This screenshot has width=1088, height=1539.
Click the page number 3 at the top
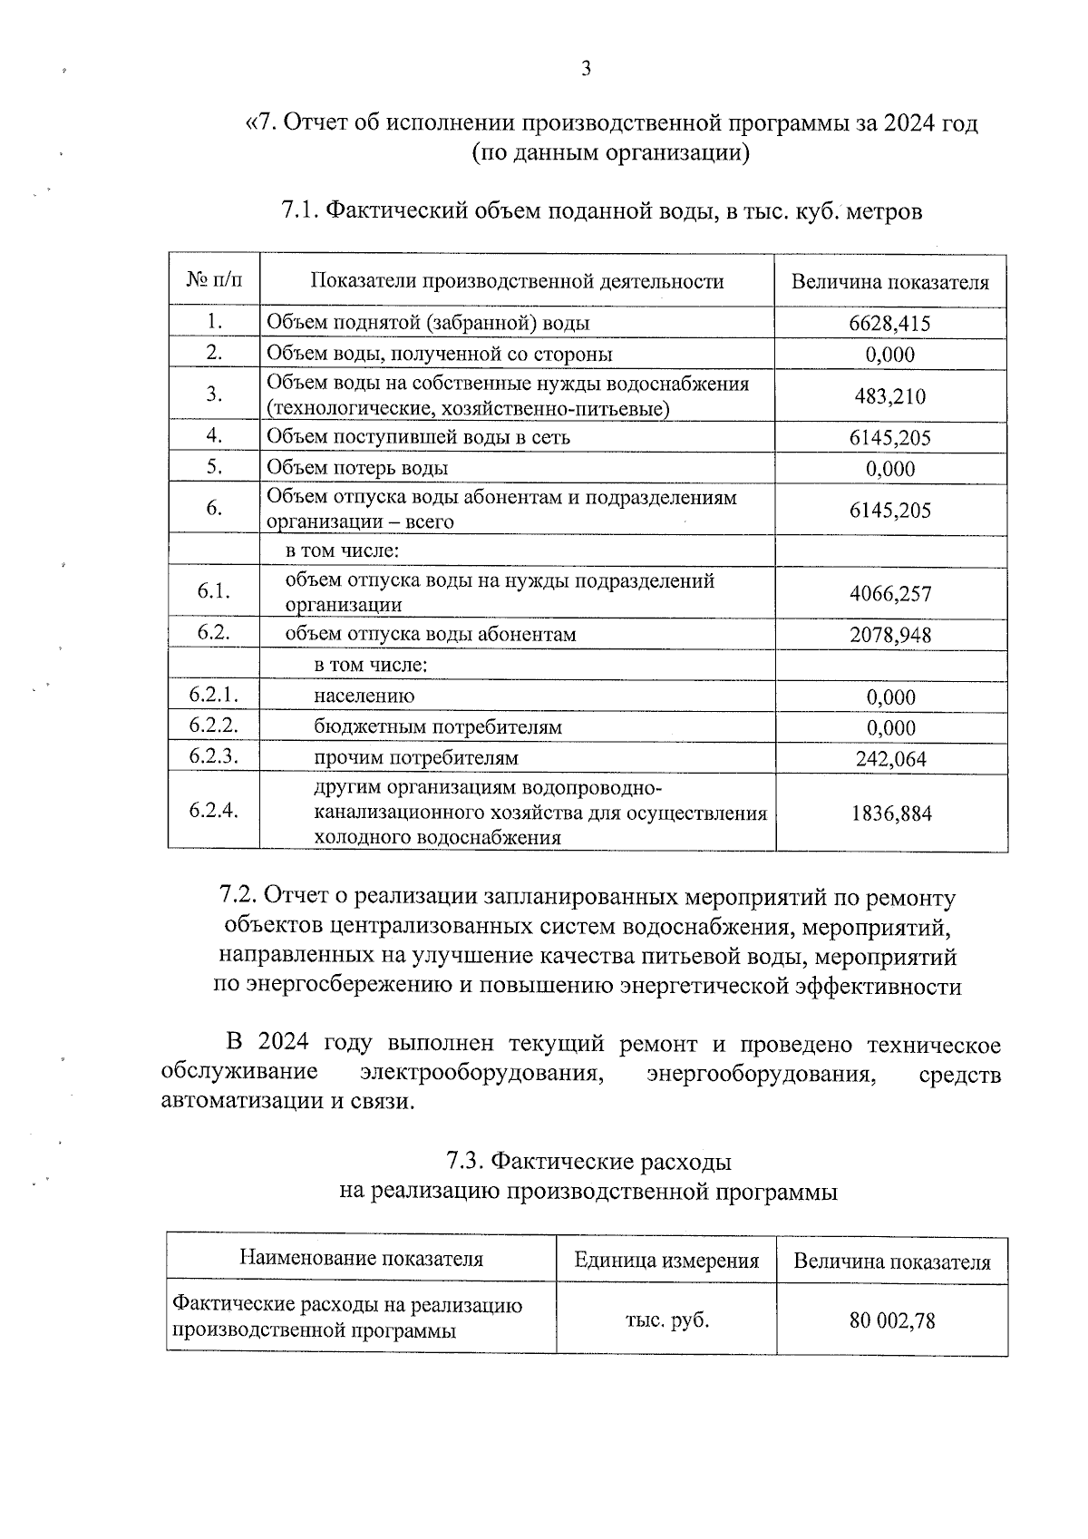coord(586,69)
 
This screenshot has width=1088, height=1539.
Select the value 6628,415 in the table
coord(889,324)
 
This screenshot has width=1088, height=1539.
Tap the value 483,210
coord(889,396)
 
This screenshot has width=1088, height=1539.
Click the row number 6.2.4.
coord(214,811)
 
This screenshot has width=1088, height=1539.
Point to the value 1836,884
coord(890,813)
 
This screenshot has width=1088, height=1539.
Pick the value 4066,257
coord(889,594)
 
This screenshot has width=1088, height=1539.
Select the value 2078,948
coord(889,635)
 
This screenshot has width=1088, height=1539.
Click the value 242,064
coord(890,759)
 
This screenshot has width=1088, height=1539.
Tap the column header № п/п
coord(215,280)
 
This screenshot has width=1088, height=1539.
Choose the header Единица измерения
coord(666,1261)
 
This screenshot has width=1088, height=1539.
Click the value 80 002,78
coord(891,1320)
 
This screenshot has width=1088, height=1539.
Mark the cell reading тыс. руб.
coord(666,1320)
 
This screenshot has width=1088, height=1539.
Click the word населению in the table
coord(364,696)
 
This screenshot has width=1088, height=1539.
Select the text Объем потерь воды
coord(357,468)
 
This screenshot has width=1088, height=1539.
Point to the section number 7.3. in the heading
coord(468,1162)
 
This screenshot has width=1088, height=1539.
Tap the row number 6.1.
coord(214,591)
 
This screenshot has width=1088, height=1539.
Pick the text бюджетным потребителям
coord(438,727)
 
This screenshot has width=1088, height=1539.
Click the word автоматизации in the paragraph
coord(224,1102)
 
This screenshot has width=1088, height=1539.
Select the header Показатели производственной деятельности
coord(517,281)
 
